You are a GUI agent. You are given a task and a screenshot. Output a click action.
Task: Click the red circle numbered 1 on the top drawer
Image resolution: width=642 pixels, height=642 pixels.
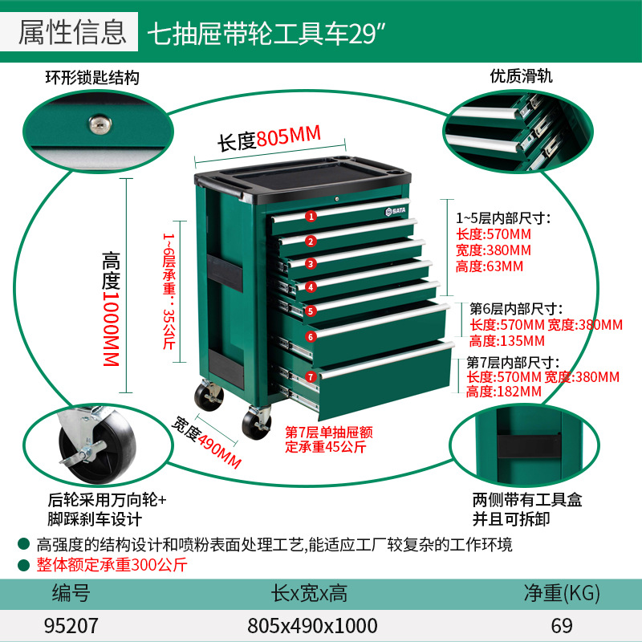point(311,215)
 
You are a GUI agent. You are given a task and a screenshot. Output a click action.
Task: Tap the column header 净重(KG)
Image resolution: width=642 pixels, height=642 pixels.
point(561,594)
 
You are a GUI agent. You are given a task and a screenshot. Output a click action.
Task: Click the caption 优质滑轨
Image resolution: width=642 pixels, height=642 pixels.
point(522,76)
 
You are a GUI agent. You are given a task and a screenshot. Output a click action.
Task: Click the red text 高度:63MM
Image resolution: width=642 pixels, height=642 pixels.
point(490,266)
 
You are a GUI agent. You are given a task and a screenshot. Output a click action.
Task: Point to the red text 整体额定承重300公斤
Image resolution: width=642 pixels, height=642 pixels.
point(112,564)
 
